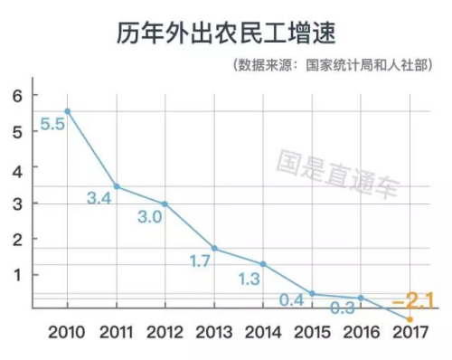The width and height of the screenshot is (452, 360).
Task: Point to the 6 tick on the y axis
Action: click(16, 96)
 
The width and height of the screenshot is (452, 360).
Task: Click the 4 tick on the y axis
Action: click(16, 169)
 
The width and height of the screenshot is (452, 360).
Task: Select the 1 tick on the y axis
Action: click(16, 275)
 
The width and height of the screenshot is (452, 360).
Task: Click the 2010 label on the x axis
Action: click(68, 331)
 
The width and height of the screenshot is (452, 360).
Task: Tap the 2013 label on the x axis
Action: click(213, 331)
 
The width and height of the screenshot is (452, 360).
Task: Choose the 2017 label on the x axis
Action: click(410, 331)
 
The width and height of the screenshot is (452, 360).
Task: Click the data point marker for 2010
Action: click(68, 111)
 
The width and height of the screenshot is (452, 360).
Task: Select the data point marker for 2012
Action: click(165, 204)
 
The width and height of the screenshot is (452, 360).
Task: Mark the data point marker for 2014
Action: click(262, 263)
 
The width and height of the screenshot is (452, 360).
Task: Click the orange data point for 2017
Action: click(410, 318)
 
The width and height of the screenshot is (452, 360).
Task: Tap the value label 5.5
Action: click(52, 125)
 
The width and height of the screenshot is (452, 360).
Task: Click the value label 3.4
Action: click(100, 196)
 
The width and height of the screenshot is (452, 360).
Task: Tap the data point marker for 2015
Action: click(311, 293)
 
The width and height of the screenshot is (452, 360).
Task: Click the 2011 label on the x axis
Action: click(117, 331)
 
